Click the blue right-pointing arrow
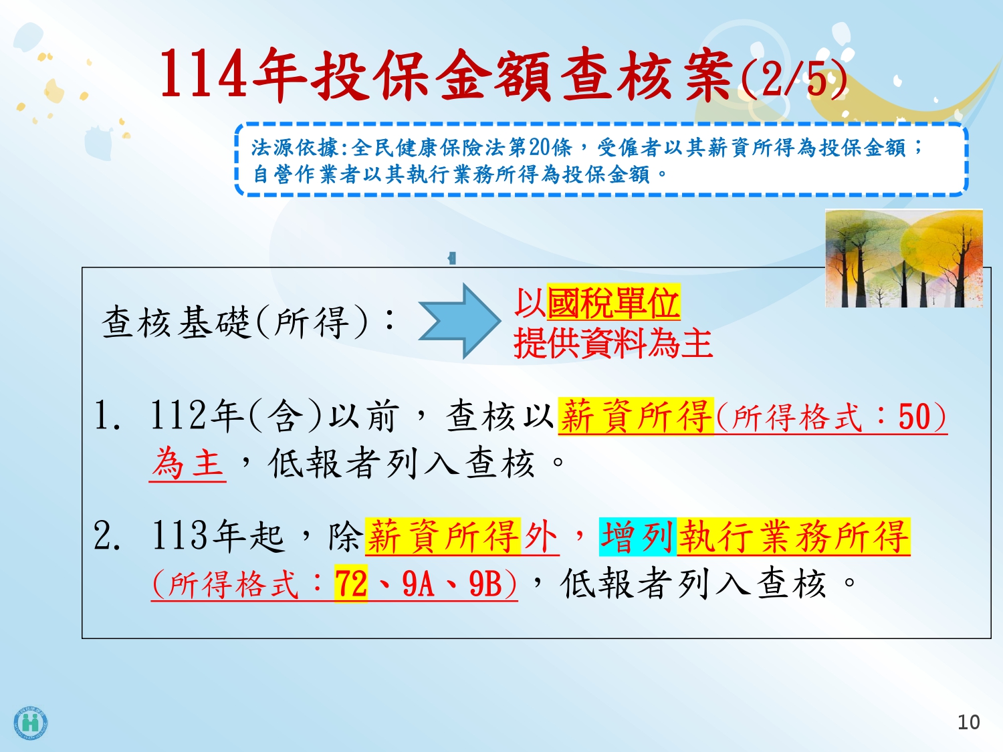[x=459, y=321]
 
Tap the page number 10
[x=968, y=723]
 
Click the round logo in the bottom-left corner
[x=31, y=723]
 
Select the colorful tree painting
[x=904, y=258]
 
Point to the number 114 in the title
[x=204, y=74]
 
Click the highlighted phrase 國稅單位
[x=614, y=303]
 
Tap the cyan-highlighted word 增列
[x=637, y=537]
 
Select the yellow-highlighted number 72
[x=351, y=584]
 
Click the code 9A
[x=418, y=584]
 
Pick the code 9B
[x=485, y=584]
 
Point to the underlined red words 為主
[x=188, y=463]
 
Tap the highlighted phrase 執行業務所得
[x=794, y=537]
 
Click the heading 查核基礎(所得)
[x=235, y=322]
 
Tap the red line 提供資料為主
[x=613, y=344]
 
